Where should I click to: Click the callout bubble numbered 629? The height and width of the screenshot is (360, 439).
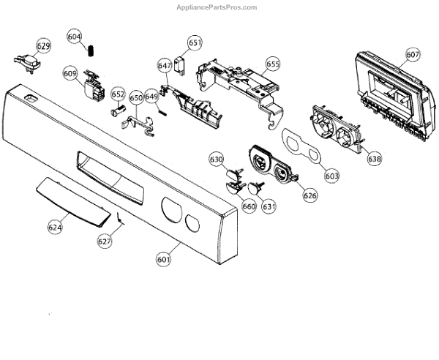click(x=44, y=46)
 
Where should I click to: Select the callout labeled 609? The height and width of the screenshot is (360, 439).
click(x=70, y=73)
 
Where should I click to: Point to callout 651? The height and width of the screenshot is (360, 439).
click(x=195, y=44)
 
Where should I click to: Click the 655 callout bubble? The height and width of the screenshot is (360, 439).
click(x=273, y=64)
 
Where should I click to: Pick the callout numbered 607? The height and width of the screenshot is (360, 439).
click(x=413, y=54)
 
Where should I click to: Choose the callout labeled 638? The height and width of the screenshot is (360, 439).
click(x=374, y=158)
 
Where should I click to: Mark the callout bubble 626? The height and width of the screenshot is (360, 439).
click(x=310, y=195)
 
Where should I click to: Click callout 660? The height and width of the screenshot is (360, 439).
click(x=249, y=206)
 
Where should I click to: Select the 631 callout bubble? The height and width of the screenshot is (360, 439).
click(x=269, y=206)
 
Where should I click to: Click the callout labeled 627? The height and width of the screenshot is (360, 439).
click(x=105, y=240)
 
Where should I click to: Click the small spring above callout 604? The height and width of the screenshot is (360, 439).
click(x=93, y=50)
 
